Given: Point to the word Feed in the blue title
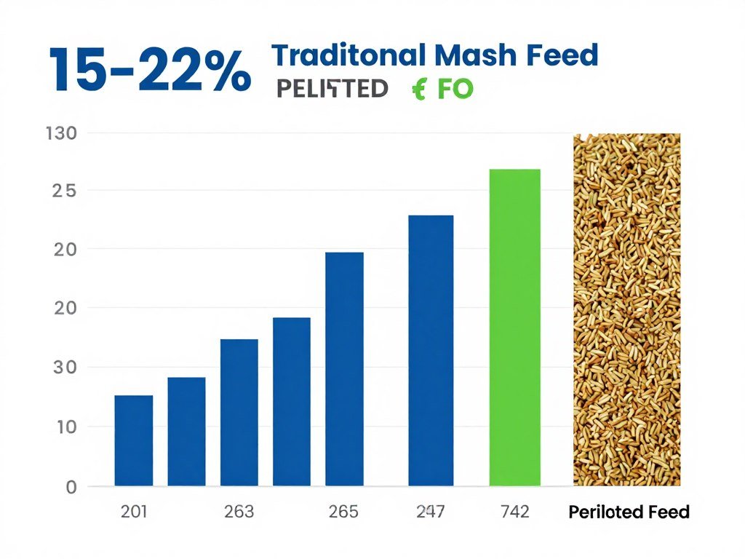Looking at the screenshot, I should pyautogui.click(x=564, y=55).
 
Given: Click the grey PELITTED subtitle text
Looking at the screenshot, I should pyautogui.click(x=332, y=89).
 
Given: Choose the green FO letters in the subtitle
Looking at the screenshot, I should pyautogui.click(x=455, y=89).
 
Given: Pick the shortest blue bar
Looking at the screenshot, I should pyautogui.click(x=134, y=440).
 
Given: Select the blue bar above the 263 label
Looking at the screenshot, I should pyautogui.click(x=239, y=412).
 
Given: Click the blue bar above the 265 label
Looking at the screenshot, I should pyautogui.click(x=344, y=368).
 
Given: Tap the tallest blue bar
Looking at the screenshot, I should pyautogui.click(x=431, y=350).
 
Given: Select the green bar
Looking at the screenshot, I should pyautogui.click(x=515, y=327).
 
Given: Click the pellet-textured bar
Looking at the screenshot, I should pyautogui.click(x=626, y=309).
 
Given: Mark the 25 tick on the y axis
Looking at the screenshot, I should pyautogui.click(x=64, y=191).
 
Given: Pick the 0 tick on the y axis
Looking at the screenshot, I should pyautogui.click(x=71, y=487).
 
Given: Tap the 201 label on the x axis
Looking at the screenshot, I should pyautogui.click(x=134, y=512).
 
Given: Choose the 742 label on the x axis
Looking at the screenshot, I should pyautogui.click(x=516, y=512).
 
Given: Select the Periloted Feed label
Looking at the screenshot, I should pyautogui.click(x=628, y=512).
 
